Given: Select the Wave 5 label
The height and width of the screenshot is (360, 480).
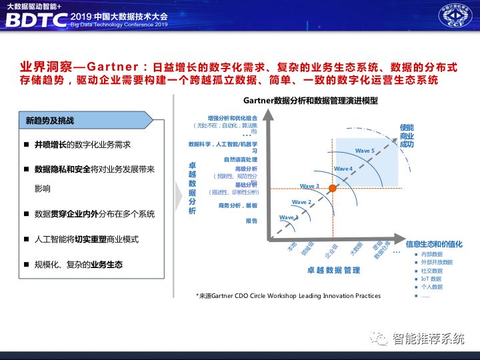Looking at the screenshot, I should pyautogui.click(x=365, y=151).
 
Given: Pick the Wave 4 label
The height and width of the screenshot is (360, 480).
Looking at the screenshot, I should pyautogui.click(x=343, y=169).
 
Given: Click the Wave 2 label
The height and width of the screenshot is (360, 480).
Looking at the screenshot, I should pyautogui.click(x=301, y=202).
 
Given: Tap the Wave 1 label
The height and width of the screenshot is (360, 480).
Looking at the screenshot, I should pyautogui.click(x=289, y=218).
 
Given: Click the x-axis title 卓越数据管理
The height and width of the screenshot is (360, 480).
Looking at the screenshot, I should pyautogui.click(x=333, y=270).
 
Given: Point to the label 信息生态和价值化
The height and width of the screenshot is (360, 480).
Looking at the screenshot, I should pyautogui.click(x=434, y=244).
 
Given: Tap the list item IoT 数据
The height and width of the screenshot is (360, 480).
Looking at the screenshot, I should pyautogui.click(x=431, y=279).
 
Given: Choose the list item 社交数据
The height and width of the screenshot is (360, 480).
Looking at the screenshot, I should pyautogui.click(x=431, y=271).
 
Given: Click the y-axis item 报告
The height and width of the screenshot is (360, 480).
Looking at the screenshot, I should pyautogui.click(x=251, y=220).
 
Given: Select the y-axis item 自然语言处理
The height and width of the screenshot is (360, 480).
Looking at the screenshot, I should pyautogui.click(x=241, y=159).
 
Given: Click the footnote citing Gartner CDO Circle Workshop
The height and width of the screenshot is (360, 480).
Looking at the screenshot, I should pyautogui.click(x=288, y=295).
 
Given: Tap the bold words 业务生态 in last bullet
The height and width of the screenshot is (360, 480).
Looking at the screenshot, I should pyautogui.click(x=107, y=265).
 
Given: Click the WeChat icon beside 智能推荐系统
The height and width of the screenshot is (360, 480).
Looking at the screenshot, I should pyautogui.click(x=379, y=339).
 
